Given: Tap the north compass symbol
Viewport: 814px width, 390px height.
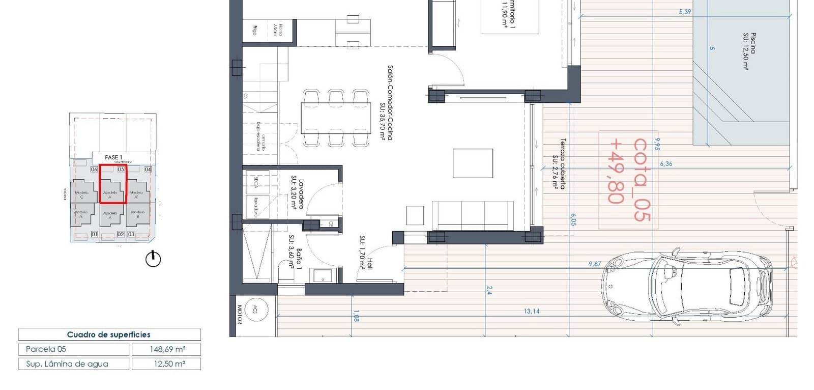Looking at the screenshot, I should point(153,259).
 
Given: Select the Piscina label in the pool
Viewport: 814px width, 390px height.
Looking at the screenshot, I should point(749,51).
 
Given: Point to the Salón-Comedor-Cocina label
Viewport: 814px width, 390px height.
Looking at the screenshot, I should point(390,102).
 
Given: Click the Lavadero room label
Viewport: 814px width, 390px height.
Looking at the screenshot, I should point(301,193).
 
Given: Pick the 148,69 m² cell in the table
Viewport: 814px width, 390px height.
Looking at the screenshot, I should point(166,349).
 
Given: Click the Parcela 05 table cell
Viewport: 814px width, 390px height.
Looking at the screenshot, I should point(73,349).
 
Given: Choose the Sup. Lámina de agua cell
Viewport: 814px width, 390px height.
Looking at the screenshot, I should point(73,364).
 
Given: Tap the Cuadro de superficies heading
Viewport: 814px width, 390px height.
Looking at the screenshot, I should point(109,335).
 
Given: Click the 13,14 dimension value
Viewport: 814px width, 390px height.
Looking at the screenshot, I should point(532,311).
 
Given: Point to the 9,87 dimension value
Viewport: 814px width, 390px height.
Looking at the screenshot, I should point(595,264).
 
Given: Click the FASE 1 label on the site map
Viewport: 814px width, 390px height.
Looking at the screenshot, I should point(113,157).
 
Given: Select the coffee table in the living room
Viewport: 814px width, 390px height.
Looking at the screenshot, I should point(473,163).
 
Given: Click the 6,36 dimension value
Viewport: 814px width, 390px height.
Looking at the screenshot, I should point(666,164).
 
